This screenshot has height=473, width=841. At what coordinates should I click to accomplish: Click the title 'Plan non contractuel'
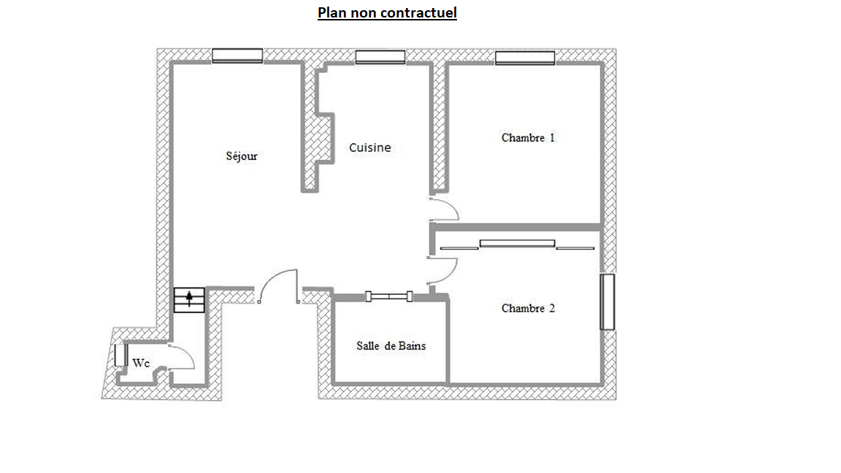tap(387, 13)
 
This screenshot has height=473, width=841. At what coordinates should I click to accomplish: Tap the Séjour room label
tap(242, 156)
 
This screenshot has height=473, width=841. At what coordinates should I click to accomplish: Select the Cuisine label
tap(369, 147)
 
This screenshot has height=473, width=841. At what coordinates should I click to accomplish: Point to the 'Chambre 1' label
tap(528, 138)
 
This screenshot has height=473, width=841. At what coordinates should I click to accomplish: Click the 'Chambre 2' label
tap(528, 308)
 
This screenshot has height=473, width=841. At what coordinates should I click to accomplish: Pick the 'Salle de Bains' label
tap(391, 346)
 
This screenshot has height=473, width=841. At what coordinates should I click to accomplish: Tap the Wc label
tap(140, 363)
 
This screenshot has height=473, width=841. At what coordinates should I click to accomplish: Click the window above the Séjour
tap(237, 55)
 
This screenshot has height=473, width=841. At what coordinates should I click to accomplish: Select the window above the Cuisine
tap(380, 57)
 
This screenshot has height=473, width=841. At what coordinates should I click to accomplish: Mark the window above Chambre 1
tap(525, 58)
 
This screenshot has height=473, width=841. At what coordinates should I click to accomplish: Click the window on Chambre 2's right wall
tap(607, 302)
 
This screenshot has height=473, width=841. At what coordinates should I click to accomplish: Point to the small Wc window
tap(120, 355)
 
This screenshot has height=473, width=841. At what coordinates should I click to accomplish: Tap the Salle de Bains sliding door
tap(389, 296)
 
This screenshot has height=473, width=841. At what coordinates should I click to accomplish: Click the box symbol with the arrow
tap(189, 300)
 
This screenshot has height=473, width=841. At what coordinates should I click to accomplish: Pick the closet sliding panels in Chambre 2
tap(517, 245)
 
